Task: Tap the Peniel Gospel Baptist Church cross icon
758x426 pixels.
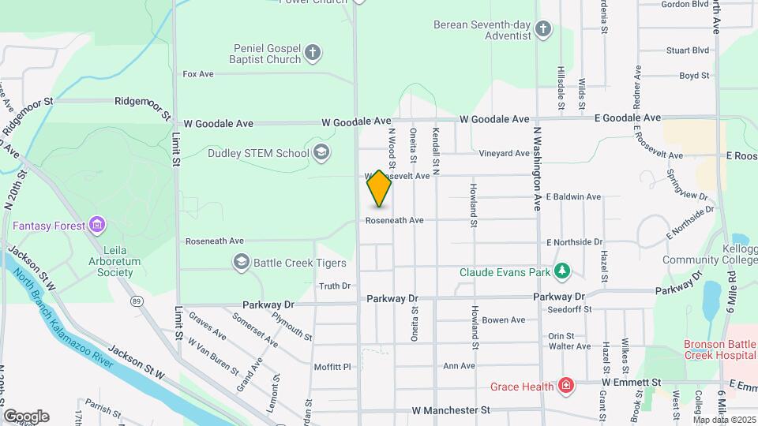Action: click(313, 53)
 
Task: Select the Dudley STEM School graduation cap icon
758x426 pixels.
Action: click(321, 152)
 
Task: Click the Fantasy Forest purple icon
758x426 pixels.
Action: click(97, 226)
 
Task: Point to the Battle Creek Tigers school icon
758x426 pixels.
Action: click(241, 262)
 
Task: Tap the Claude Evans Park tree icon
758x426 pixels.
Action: click(561, 272)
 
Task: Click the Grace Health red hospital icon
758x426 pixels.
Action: click(565, 386)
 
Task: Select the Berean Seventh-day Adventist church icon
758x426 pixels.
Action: click(542, 30)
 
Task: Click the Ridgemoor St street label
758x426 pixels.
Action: click(141, 101)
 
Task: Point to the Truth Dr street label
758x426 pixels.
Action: click(335, 286)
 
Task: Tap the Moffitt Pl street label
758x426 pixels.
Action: click(332, 366)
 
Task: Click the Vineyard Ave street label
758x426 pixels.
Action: click(505, 153)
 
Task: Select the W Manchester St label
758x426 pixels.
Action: click(451, 410)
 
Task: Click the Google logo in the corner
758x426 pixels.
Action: click(26, 417)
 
